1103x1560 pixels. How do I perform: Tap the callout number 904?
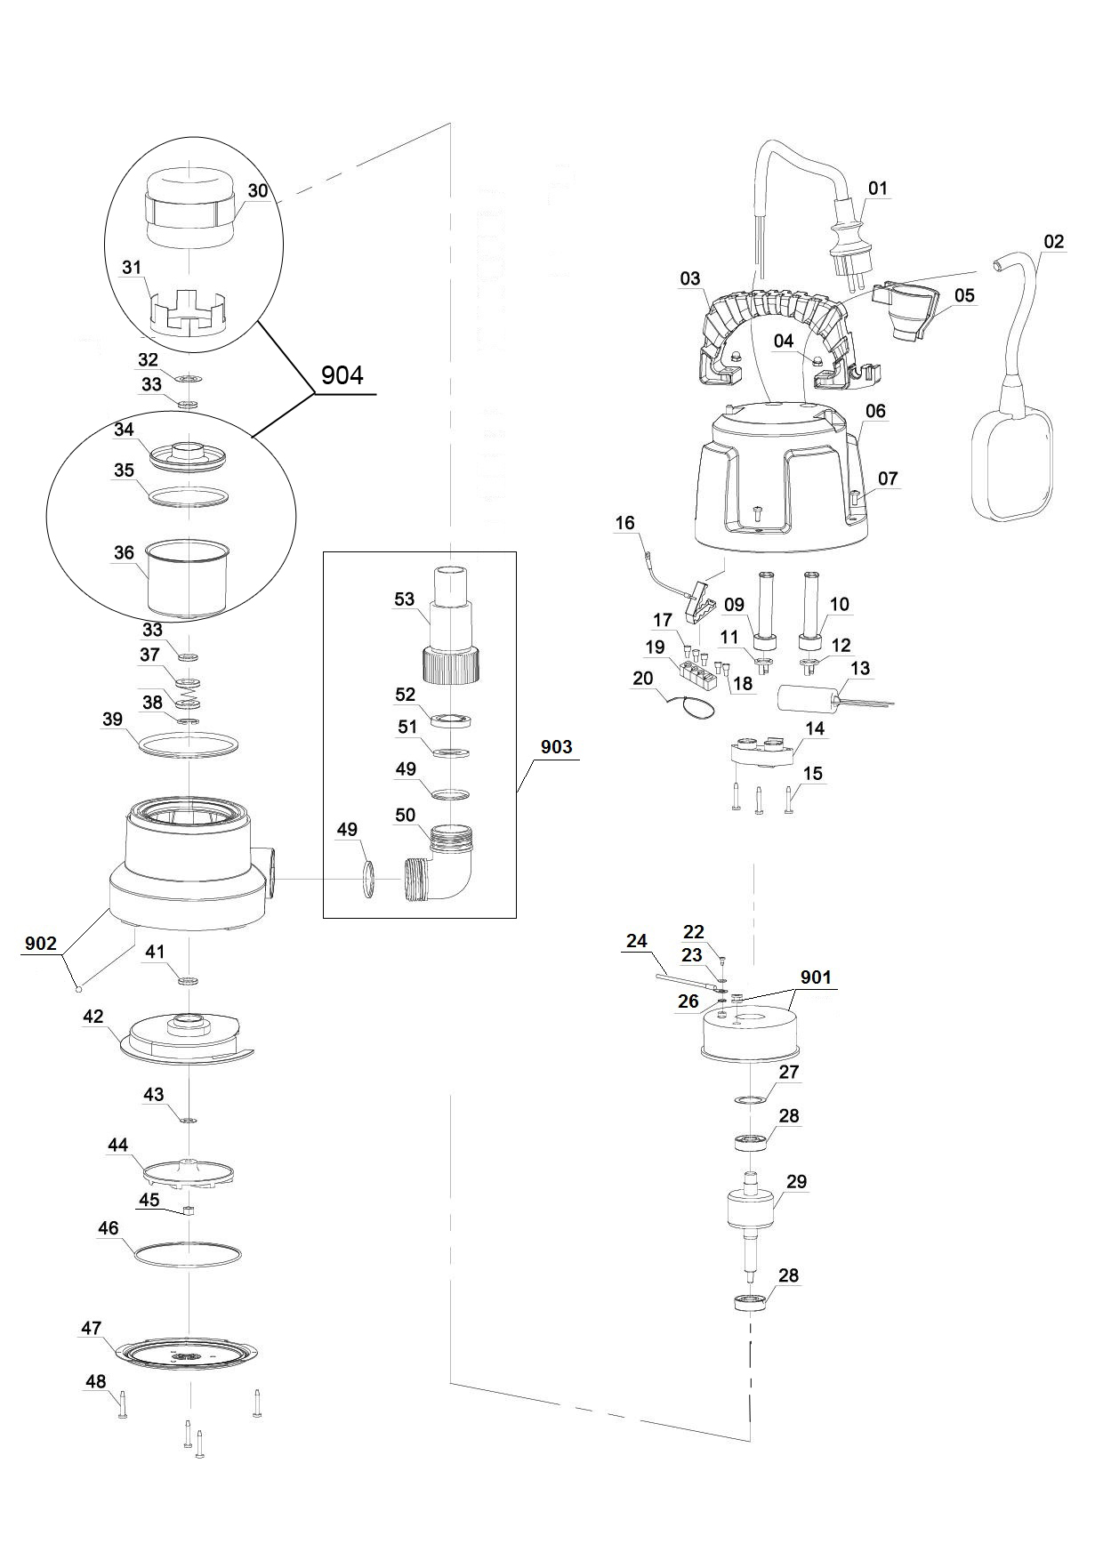tap(342, 375)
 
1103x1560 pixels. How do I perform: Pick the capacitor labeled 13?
tap(806, 700)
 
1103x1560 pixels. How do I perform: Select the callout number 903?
tap(556, 747)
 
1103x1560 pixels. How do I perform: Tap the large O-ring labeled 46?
tap(188, 1255)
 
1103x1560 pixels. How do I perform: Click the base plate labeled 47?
tap(188, 1358)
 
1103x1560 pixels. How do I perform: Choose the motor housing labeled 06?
tap(778, 480)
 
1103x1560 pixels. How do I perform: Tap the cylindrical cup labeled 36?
tap(188, 578)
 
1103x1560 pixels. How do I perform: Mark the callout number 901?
tap(815, 977)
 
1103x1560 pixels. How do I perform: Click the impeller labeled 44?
tap(188, 1174)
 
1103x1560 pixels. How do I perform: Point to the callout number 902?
tap(41, 944)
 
